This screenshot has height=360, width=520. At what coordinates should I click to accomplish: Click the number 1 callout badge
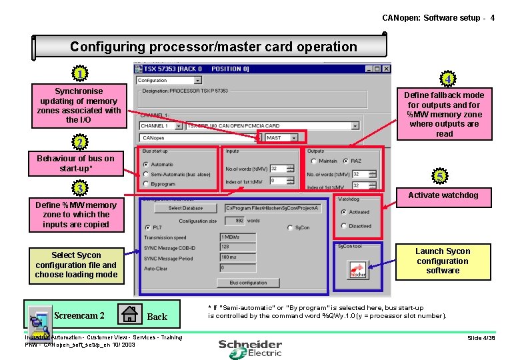(79, 73)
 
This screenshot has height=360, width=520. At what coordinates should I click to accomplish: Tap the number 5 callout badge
(441, 177)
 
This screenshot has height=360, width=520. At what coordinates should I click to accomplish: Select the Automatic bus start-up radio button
(145, 164)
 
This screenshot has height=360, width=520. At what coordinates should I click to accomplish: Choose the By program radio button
(145, 184)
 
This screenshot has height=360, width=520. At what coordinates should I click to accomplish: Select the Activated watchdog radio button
(342, 212)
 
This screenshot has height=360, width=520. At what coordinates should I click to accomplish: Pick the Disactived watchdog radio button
(342, 226)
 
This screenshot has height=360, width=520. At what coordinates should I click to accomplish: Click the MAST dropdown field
(283, 138)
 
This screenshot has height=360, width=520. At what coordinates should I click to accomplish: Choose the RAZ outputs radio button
(345, 161)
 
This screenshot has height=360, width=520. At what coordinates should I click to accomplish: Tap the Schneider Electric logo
(250, 347)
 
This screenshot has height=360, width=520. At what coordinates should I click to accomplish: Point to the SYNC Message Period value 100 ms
(237, 257)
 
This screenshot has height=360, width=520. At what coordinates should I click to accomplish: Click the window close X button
(385, 68)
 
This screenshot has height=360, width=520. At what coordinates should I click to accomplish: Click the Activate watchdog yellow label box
(443, 195)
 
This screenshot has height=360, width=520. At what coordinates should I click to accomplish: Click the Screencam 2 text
(79, 315)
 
